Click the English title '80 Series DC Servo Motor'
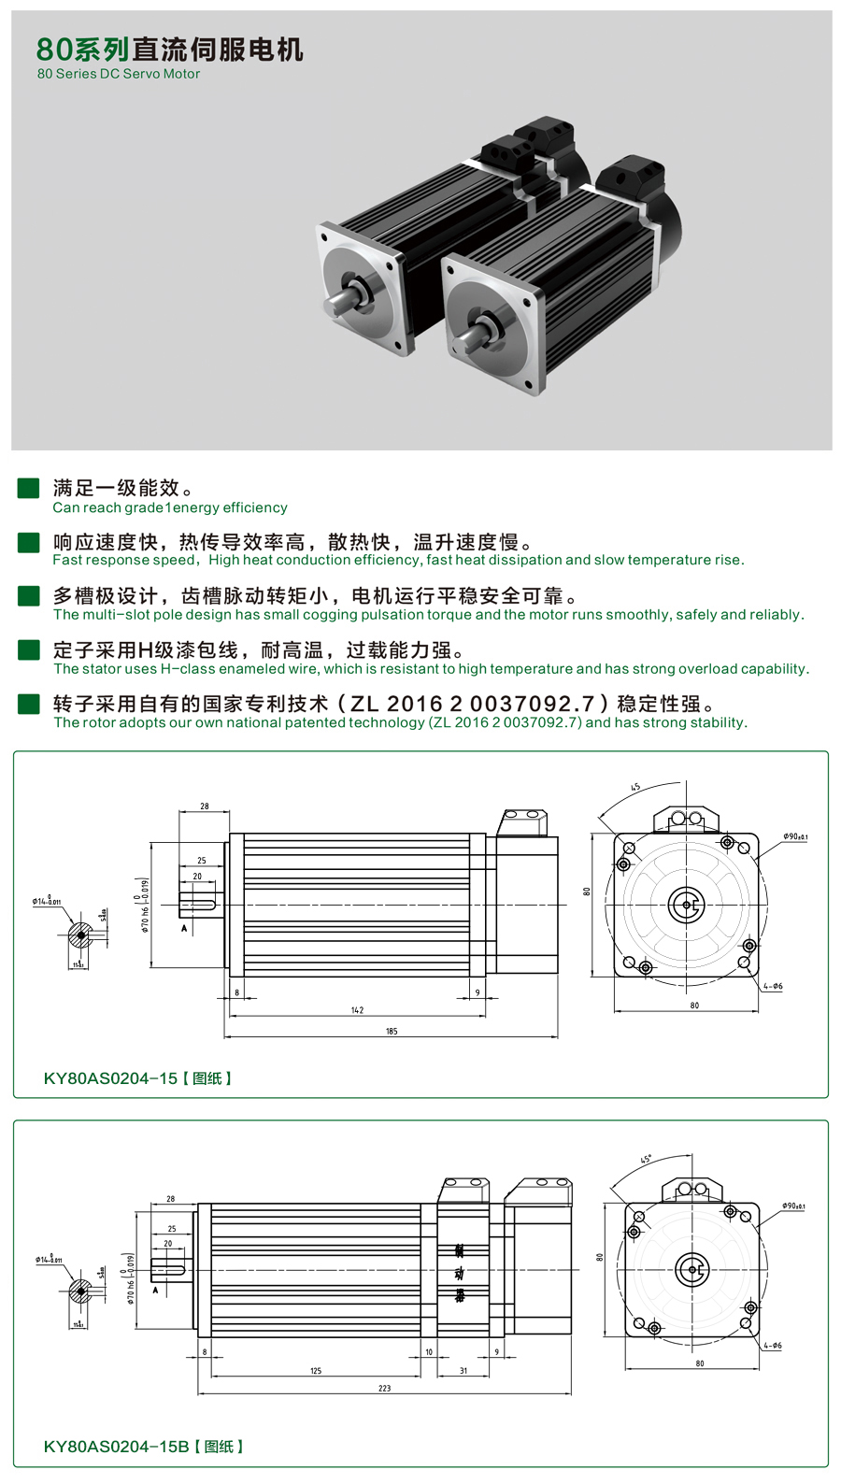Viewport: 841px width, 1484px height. [119, 74]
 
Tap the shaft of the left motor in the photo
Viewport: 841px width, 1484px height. [339, 301]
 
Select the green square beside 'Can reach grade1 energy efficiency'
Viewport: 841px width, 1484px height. [29, 488]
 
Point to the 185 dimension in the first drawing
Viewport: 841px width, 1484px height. [392, 1032]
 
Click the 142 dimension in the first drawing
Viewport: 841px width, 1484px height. [357, 1010]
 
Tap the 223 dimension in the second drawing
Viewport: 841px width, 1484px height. [384, 1389]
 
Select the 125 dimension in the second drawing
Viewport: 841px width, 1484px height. [316, 1371]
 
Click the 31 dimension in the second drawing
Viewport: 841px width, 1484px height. [463, 1371]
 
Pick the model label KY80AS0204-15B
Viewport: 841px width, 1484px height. [116, 1447]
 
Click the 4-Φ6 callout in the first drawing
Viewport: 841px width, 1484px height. [773, 986]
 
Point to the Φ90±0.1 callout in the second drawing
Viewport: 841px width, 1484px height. [792, 1206]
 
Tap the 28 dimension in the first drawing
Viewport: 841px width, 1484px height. [205, 806]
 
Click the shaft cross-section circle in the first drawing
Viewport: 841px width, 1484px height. [81, 935]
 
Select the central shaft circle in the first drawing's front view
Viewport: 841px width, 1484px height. [686, 904]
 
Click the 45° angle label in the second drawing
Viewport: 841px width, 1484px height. [646, 1159]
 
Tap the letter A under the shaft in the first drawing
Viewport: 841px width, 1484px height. [184, 928]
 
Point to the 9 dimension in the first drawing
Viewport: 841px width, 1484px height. [478, 992]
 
